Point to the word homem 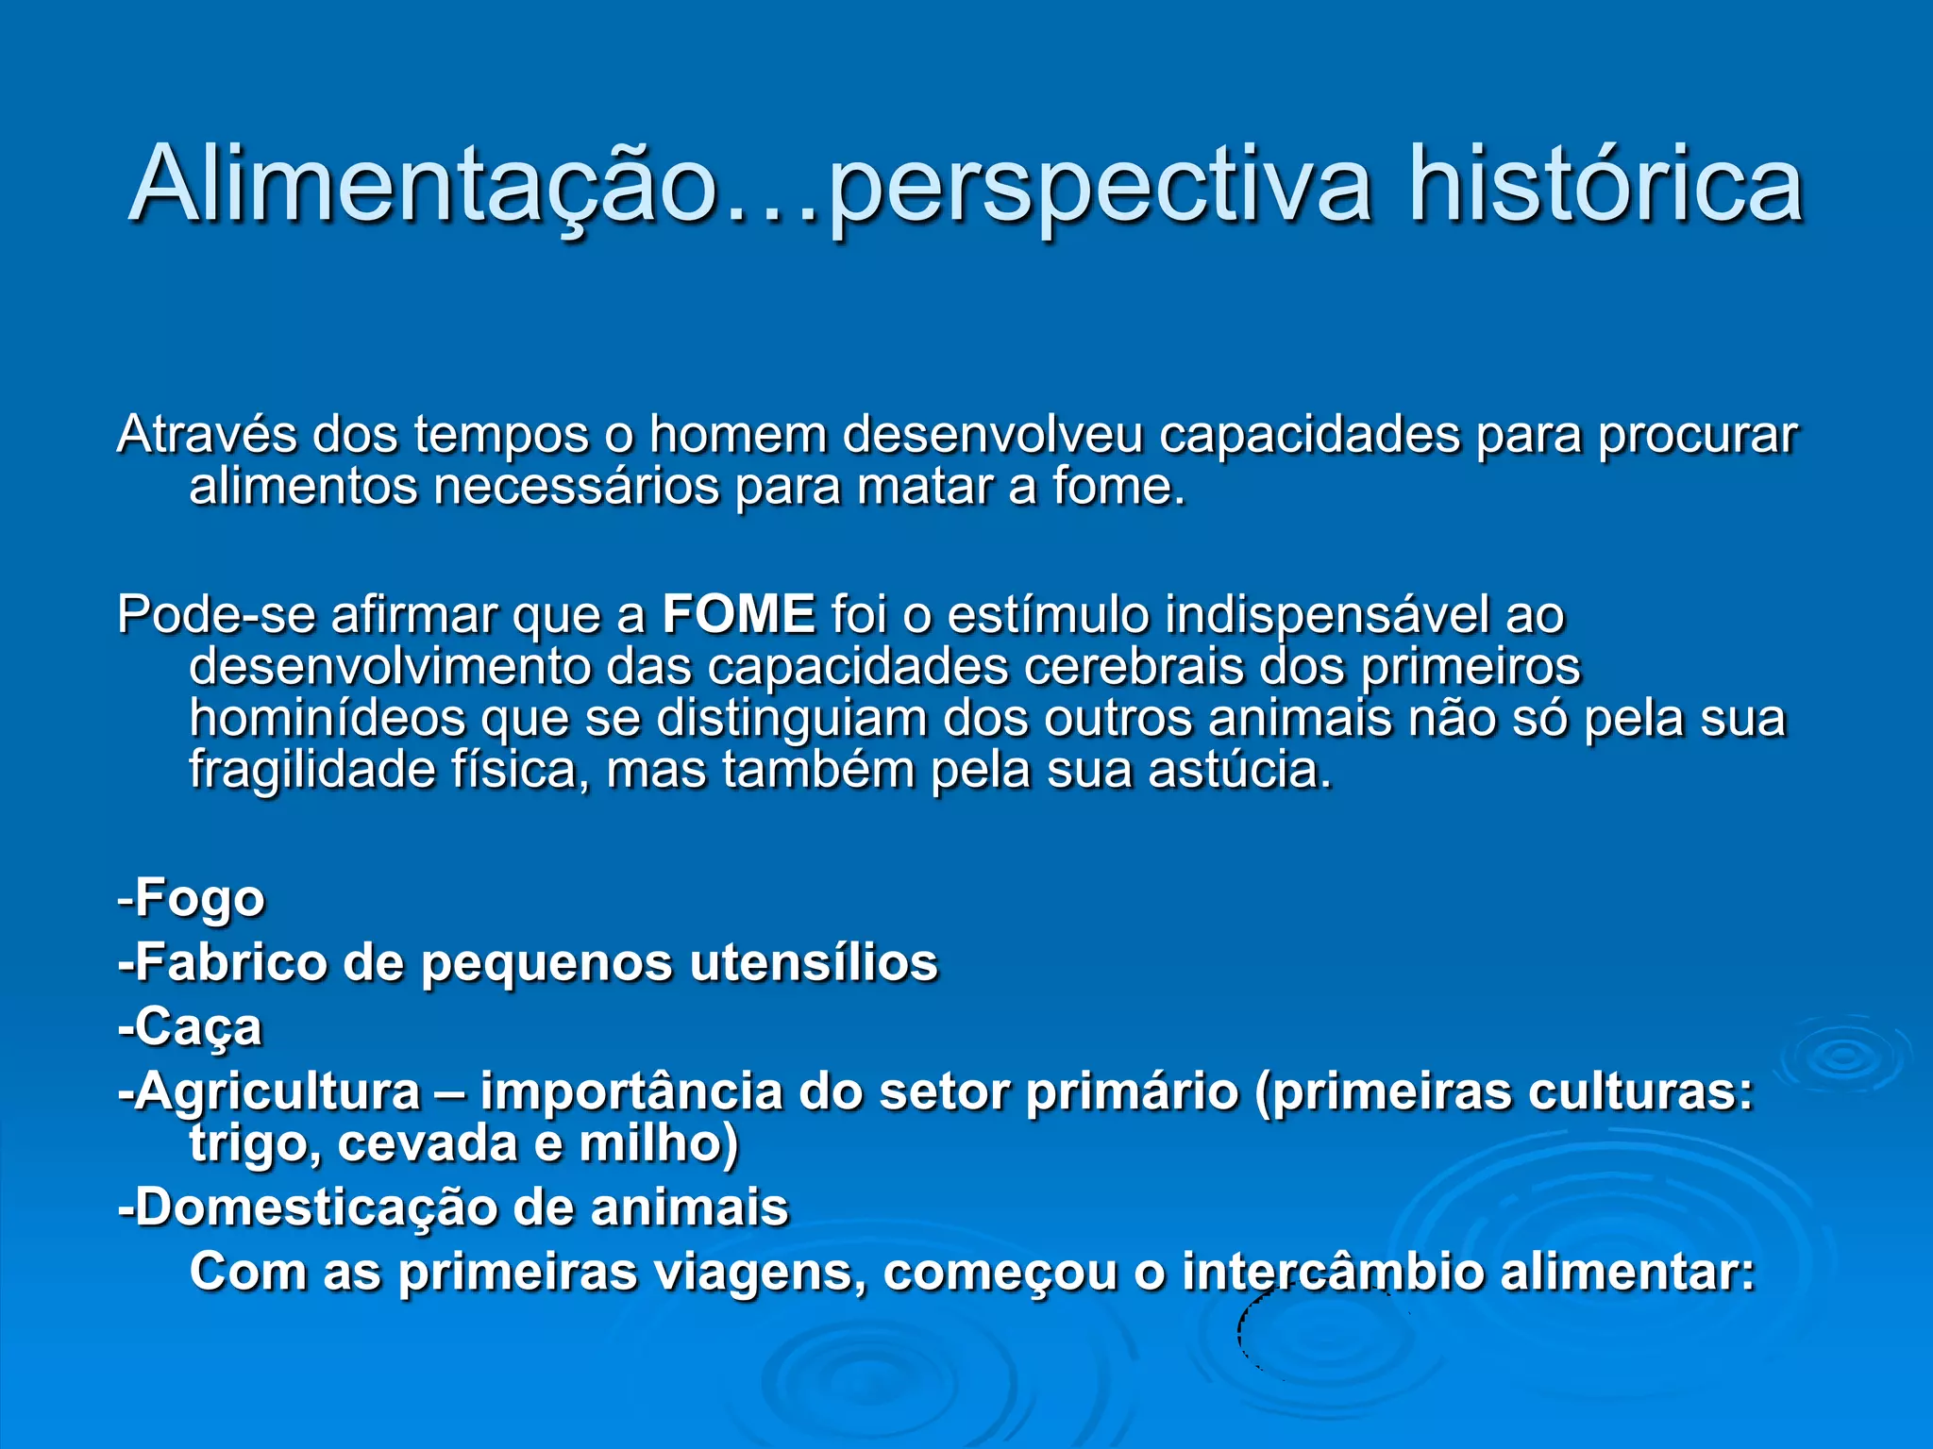click(x=736, y=435)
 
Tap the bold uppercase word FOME click(x=738, y=614)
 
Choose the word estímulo click(x=1048, y=615)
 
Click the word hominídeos click(x=327, y=718)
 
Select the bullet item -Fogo click(x=191, y=898)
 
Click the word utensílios click(x=814, y=963)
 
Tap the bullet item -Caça click(x=190, y=1028)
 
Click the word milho click(x=657, y=1143)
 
